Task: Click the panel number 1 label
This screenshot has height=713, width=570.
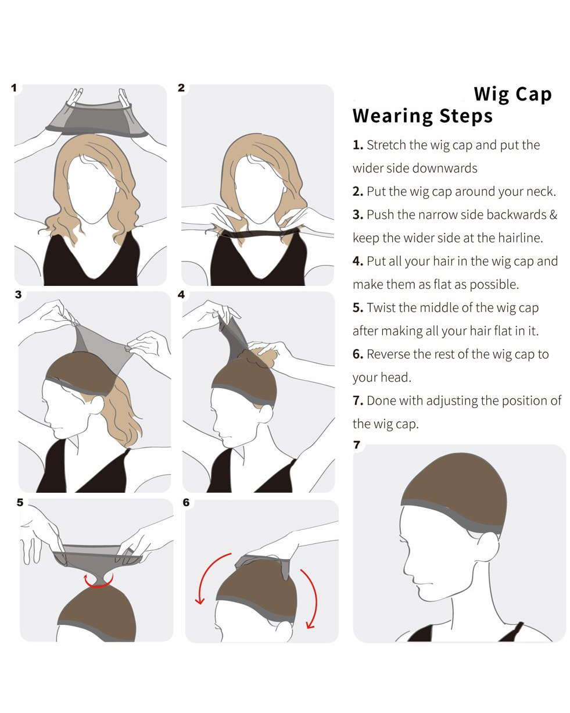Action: coord(13,88)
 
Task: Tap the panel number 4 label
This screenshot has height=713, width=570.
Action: coord(181,294)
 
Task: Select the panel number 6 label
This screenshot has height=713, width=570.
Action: coord(186,502)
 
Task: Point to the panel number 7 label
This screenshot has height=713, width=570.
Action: coord(357,445)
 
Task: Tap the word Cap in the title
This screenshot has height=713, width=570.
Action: coord(533,94)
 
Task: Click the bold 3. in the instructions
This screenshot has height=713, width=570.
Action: coord(358,214)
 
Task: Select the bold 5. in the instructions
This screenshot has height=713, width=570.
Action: coord(358,308)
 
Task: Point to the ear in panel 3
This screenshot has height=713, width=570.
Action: coord(97,405)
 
